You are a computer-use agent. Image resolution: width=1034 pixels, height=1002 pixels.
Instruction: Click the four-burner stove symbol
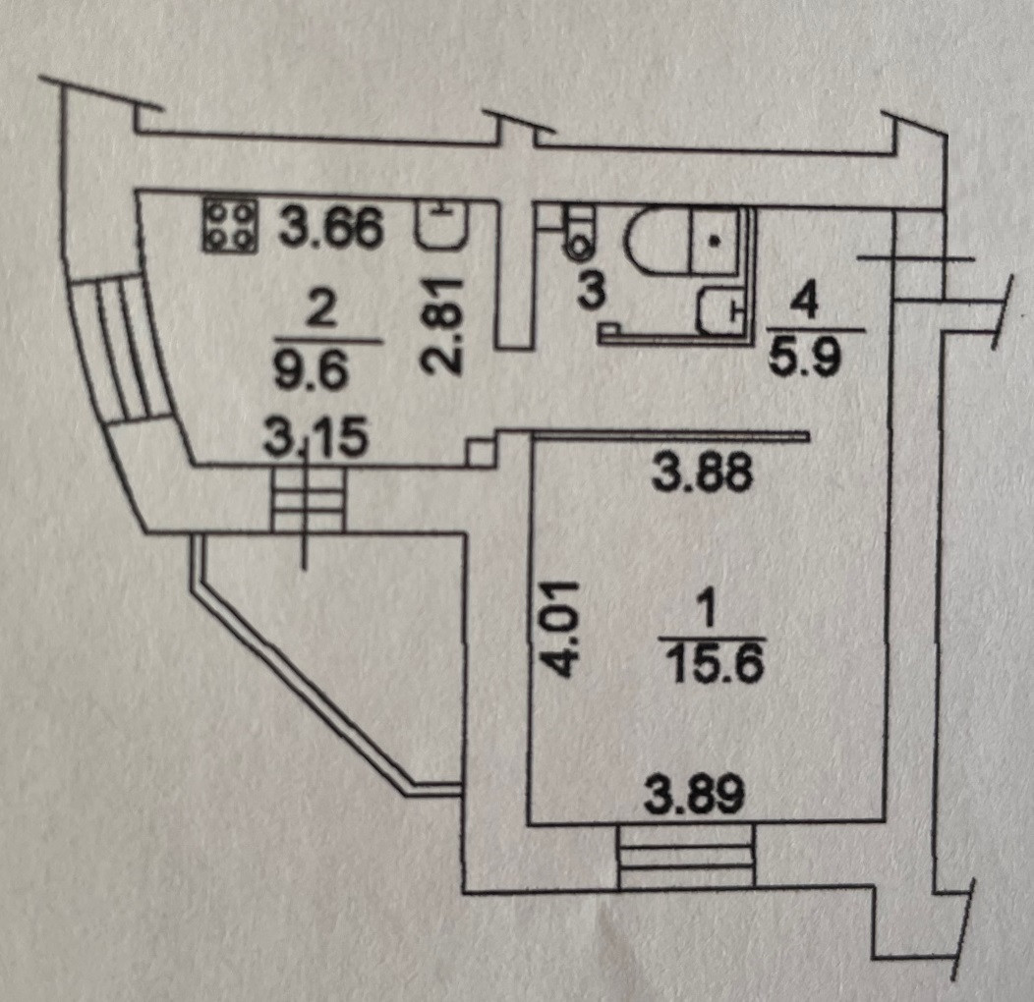pyautogui.click(x=230, y=225)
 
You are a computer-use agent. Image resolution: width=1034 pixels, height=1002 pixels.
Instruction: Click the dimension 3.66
pyautogui.click(x=329, y=229)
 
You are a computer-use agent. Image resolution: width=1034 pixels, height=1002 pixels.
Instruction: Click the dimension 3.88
pyautogui.click(x=704, y=473)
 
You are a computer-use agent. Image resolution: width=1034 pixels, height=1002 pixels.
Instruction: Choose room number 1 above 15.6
pyautogui.click(x=710, y=615)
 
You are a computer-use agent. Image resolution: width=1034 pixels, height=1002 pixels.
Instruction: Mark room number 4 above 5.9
pyautogui.click(x=804, y=303)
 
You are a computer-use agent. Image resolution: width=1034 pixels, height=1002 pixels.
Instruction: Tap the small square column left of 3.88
pyautogui.click(x=481, y=452)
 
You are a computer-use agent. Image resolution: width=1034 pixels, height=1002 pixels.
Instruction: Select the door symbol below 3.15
pyautogui.click(x=308, y=503)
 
